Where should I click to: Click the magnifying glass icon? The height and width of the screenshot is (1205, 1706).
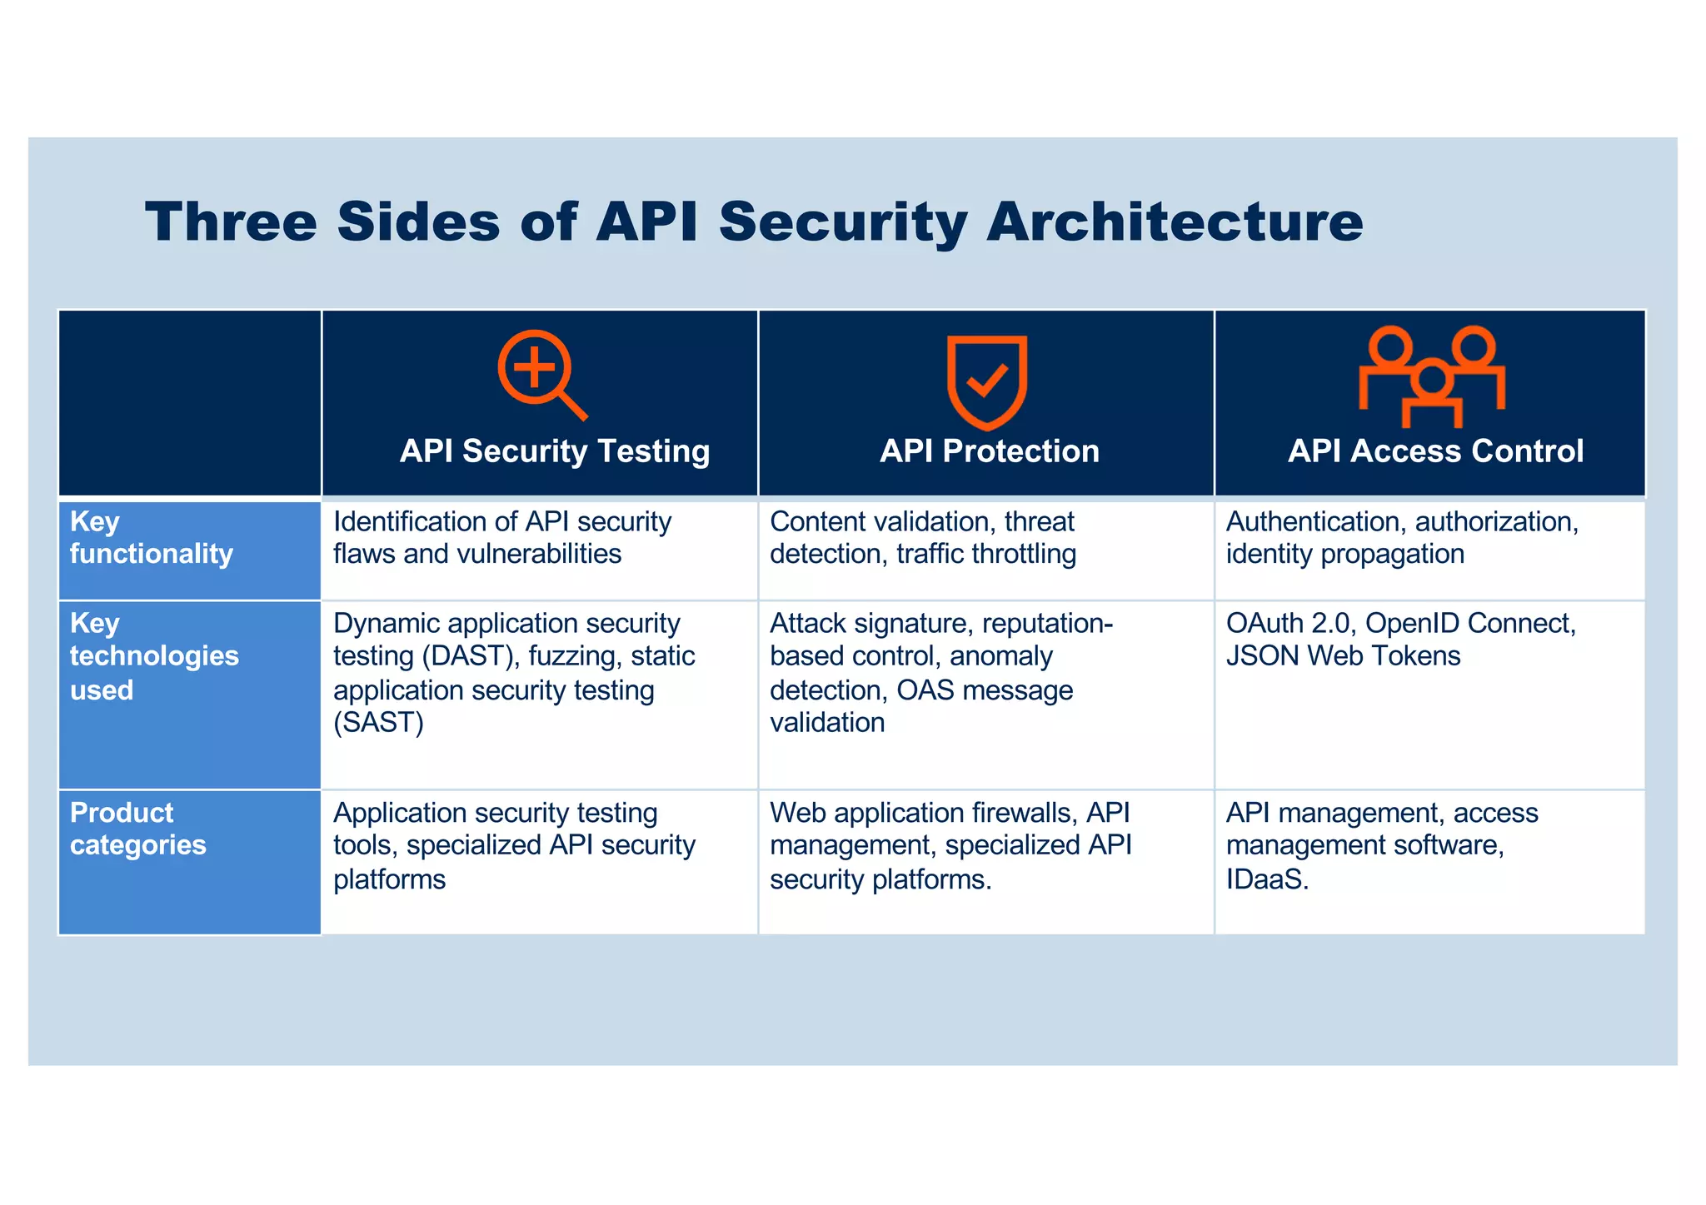541,375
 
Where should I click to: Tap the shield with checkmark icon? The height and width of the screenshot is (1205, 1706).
986,381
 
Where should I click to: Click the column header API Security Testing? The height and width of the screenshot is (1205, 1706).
555,451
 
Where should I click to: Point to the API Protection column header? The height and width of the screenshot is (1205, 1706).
990,451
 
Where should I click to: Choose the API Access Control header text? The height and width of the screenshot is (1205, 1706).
1435,451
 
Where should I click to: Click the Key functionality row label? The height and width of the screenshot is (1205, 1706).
151,538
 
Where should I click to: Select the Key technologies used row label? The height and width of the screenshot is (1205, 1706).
154,656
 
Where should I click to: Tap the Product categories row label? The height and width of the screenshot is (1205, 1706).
137,829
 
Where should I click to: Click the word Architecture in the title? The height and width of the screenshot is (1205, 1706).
1175,222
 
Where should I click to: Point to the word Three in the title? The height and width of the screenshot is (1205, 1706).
231,222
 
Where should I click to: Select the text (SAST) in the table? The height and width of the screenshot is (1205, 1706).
379,722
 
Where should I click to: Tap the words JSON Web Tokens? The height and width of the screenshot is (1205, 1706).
1343,656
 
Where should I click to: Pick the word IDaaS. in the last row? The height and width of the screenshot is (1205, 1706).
1267,879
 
